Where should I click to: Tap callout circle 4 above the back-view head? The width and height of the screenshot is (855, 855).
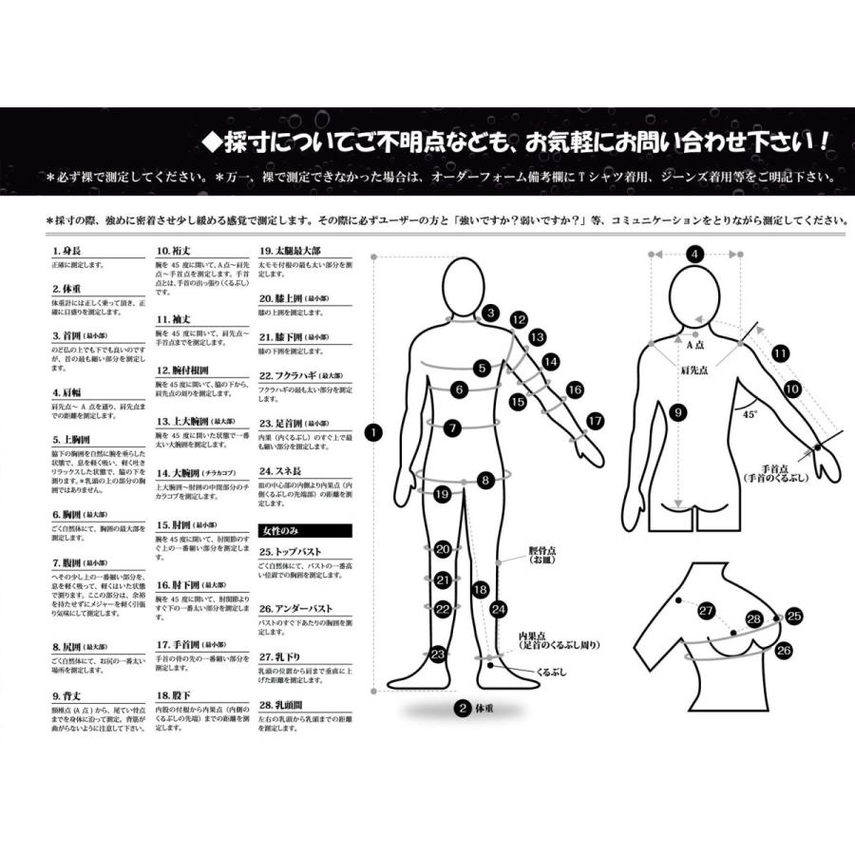pos(694,255)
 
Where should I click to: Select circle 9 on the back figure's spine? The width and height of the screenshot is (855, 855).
pos(676,412)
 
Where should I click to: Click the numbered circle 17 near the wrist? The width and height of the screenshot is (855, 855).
pos(595,420)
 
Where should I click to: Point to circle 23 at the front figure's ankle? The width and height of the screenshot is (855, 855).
pos(438,654)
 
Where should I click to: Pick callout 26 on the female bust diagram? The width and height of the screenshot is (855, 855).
pos(784,651)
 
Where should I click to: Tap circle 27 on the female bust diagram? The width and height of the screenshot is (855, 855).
pos(706,611)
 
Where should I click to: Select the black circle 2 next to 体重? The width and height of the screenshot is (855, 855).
pos(462,708)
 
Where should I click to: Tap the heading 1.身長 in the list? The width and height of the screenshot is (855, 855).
pos(66,253)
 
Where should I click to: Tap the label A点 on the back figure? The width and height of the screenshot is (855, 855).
pos(695,347)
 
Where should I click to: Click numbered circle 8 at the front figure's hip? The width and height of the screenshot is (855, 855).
pos(485,481)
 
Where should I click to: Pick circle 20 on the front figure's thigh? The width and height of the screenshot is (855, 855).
pos(442,549)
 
